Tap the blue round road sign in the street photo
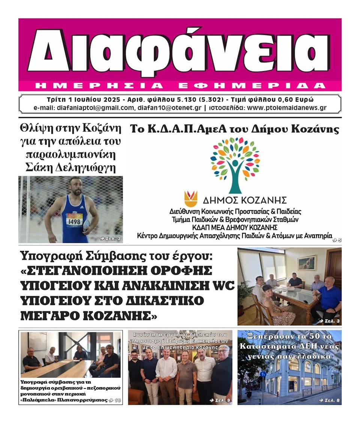coord(263,374)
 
